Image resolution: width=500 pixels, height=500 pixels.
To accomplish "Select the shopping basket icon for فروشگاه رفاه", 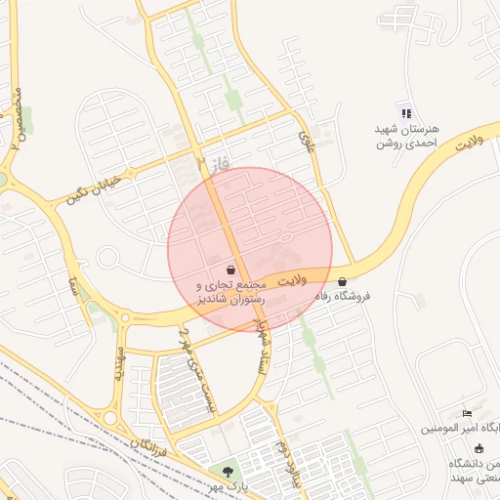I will (x=342, y=281).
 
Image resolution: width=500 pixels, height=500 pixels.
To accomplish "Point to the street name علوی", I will (x=308, y=143).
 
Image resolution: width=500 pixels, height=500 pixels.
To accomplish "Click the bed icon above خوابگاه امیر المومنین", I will (x=466, y=413).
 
